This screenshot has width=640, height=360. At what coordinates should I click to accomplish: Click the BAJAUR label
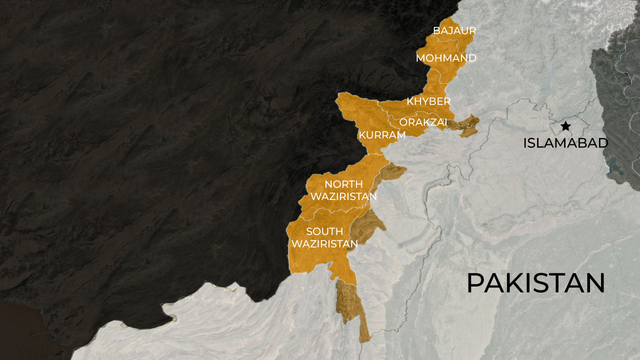(454, 31)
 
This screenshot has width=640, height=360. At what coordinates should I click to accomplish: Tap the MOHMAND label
(446, 58)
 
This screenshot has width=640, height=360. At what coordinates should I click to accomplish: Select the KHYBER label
(428, 102)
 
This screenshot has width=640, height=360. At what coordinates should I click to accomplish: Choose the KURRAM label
(382, 135)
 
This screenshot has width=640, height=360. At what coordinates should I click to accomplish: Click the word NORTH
(343, 184)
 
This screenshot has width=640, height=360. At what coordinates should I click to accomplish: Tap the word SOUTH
(324, 231)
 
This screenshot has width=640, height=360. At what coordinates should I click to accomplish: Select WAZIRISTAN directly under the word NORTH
(343, 196)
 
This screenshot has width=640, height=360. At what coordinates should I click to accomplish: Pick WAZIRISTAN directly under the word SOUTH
(324, 244)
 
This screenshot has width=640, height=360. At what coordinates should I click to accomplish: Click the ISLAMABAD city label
(565, 143)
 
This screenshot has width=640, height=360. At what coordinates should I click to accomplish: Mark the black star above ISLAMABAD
(565, 126)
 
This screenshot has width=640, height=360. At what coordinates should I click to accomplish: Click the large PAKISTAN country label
(535, 283)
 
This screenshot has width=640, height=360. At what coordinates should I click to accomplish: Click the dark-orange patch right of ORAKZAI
(466, 126)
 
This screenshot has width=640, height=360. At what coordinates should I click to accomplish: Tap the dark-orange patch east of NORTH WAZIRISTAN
(391, 173)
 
